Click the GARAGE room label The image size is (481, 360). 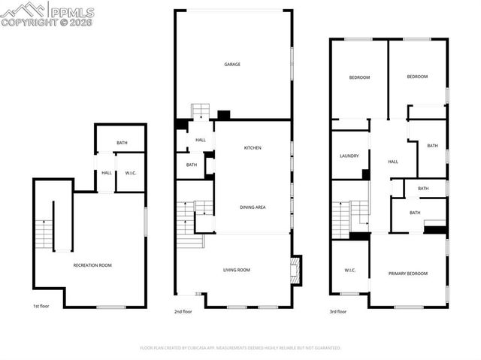pyautogui.click(x=232, y=65)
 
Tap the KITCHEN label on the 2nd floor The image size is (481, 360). pyautogui.click(x=253, y=148)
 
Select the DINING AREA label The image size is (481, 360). pyautogui.click(x=253, y=207)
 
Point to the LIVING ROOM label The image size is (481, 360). pyautogui.click(x=236, y=270)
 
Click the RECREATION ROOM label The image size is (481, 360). pyautogui.click(x=92, y=265)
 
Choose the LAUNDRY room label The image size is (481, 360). pyautogui.click(x=349, y=156)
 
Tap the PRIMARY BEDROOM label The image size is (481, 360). pyautogui.click(x=408, y=274)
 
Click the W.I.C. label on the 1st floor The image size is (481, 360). pyautogui.click(x=130, y=174)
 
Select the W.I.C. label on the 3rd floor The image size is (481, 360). pyautogui.click(x=349, y=271)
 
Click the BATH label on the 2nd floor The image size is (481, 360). pyautogui.click(x=192, y=165)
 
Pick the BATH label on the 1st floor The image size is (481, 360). pyautogui.click(x=121, y=143)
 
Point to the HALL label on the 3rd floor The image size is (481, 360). pyautogui.click(x=392, y=162)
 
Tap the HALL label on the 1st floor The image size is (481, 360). pyautogui.click(x=106, y=174)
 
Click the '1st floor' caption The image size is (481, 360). pyautogui.click(x=42, y=307)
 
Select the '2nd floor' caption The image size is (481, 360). pyautogui.click(x=183, y=311)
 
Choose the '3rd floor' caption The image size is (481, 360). pyautogui.click(x=338, y=311)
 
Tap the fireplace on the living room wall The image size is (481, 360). pyautogui.click(x=295, y=270)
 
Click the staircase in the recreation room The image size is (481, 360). pyautogui.click(x=47, y=226)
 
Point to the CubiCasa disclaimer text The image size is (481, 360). pyautogui.click(x=240, y=348)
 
